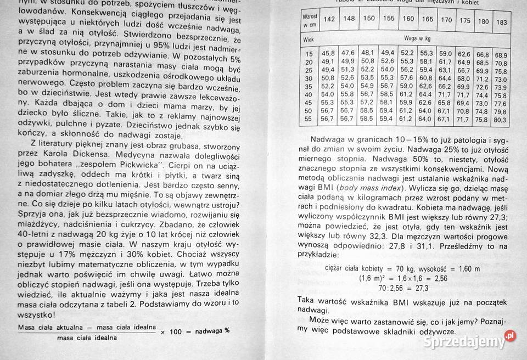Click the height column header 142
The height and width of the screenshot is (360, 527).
coord(330,20)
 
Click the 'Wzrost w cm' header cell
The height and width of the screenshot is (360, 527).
coord(310,21)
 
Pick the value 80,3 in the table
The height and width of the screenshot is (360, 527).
coord(501,120)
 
